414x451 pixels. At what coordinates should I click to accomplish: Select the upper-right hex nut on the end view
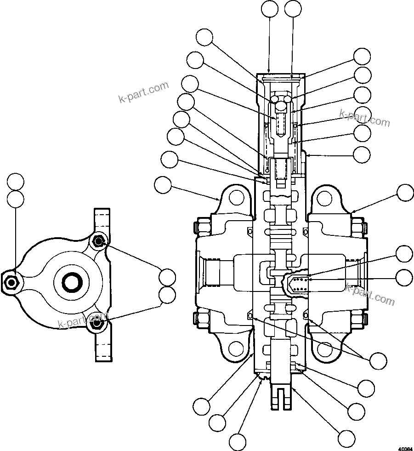pos(98,241)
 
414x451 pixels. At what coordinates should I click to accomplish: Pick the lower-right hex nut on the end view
pos(96,323)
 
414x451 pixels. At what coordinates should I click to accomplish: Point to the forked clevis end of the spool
pos(280,396)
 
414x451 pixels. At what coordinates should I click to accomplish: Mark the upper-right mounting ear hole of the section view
pos(324,198)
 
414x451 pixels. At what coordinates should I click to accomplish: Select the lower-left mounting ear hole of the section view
pos(236,349)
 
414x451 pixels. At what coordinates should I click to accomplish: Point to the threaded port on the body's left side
pos(215,275)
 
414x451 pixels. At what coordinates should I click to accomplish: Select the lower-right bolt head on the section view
pos(358,318)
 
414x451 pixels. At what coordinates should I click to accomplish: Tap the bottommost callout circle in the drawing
pos(238,442)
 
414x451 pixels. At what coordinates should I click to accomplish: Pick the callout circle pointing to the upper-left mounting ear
pos(163,185)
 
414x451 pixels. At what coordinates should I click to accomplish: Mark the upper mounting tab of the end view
pos(102,219)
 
